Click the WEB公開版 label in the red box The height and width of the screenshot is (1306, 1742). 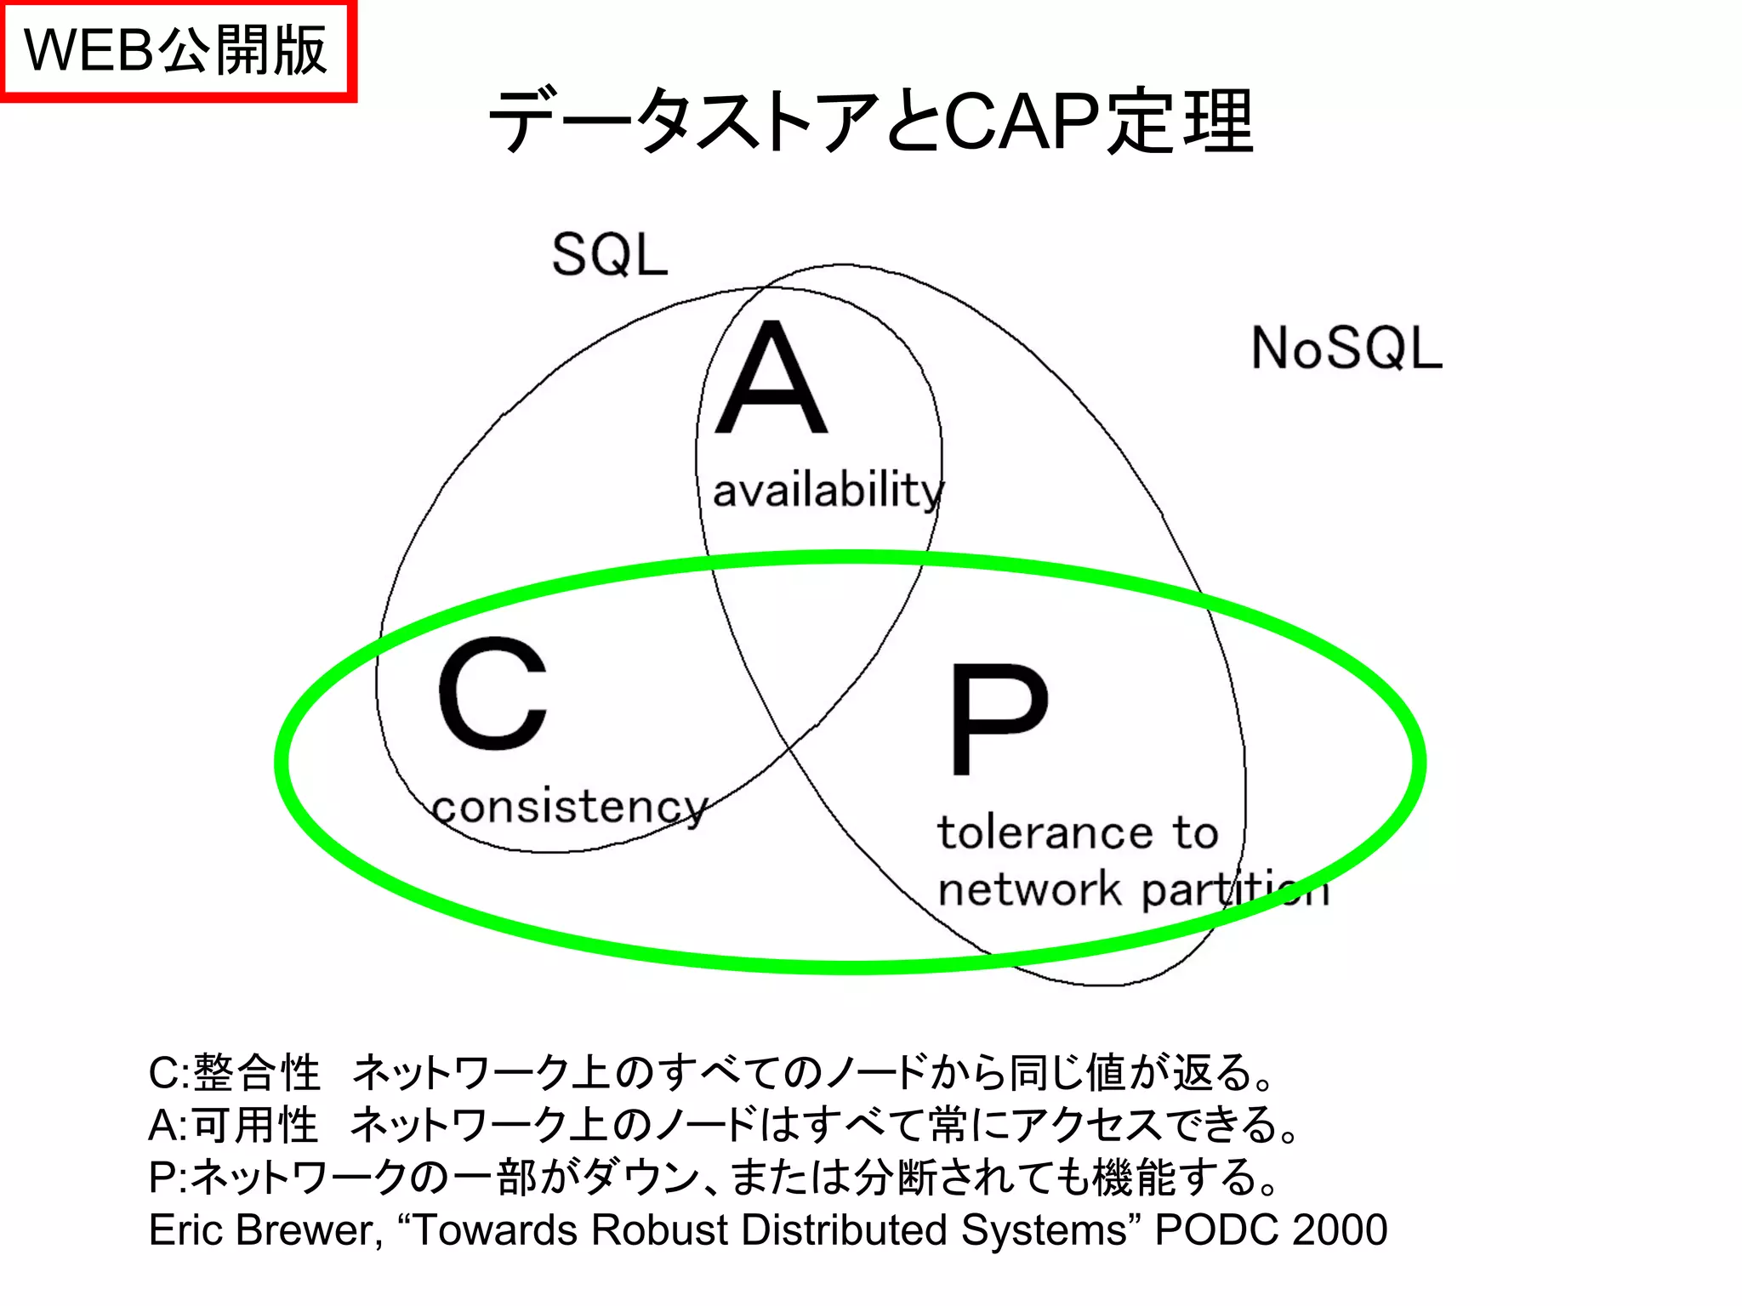pos(176,50)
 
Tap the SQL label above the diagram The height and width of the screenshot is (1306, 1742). pos(610,254)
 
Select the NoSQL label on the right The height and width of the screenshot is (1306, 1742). pos(1346,348)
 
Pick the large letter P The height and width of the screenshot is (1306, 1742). pos(999,719)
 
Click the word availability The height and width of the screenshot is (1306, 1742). pos(828,491)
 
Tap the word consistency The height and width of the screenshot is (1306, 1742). pos(570,807)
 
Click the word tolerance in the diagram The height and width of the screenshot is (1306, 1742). pos(1045,832)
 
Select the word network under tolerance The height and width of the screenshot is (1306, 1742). pos(1029,889)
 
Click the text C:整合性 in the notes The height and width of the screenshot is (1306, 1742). pos(234,1072)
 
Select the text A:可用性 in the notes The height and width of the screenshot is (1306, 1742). pos(233,1125)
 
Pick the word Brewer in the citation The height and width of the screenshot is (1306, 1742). pos(305,1229)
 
